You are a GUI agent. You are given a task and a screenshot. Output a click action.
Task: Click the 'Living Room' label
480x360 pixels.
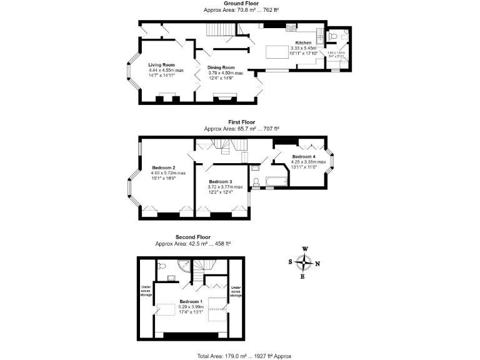(x=161, y=65)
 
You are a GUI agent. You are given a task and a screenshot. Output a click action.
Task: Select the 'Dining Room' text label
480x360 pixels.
(x=221, y=67)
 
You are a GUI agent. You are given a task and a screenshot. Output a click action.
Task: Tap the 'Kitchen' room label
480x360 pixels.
(x=303, y=43)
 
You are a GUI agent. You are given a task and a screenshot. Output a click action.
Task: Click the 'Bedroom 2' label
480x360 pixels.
(x=163, y=167)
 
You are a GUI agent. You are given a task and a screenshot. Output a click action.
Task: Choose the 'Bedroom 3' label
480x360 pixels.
(x=221, y=181)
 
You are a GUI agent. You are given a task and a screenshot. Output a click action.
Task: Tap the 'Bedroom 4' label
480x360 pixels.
(x=304, y=156)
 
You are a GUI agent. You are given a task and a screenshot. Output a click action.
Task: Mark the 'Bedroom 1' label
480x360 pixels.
(x=191, y=301)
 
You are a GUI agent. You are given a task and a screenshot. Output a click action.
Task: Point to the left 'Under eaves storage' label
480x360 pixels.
(x=145, y=291)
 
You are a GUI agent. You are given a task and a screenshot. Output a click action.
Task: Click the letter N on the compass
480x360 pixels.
(x=317, y=264)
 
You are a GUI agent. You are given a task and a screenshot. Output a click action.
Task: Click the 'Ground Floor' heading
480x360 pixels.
(x=241, y=4)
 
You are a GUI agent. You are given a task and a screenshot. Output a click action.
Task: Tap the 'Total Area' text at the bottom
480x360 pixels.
(x=244, y=356)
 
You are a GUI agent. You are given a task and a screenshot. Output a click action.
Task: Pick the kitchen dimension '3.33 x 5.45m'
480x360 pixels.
(x=303, y=48)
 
